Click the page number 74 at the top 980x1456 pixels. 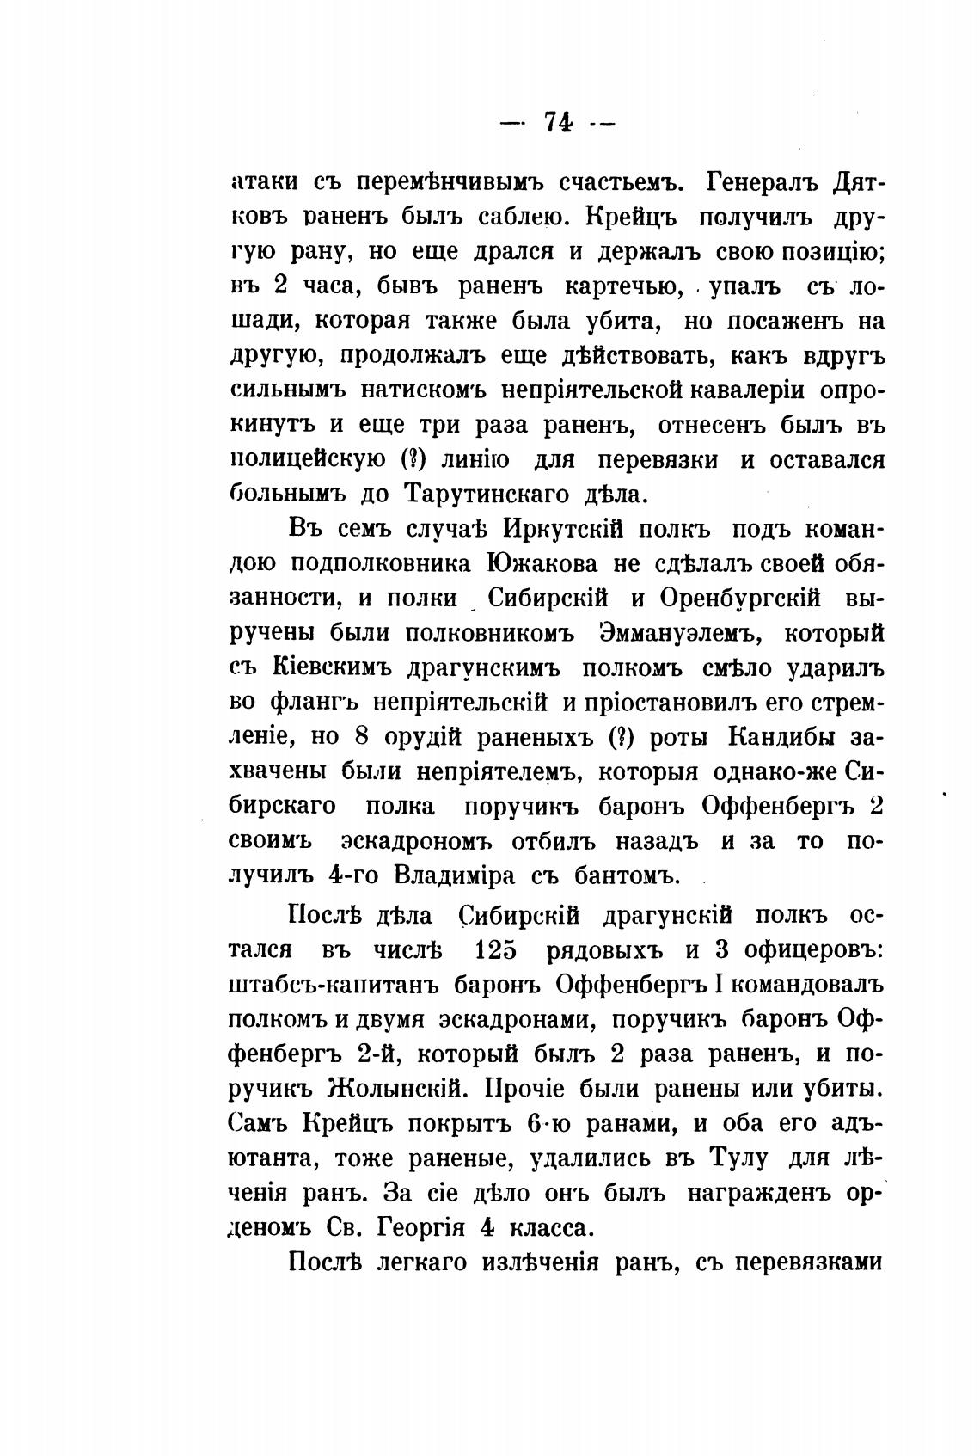click(559, 122)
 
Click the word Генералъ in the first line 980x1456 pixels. click(760, 182)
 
